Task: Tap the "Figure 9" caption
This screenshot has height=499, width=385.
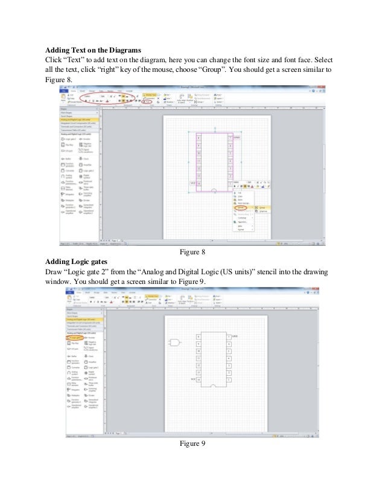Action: (x=192, y=444)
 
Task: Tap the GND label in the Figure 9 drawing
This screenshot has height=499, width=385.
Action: (x=235, y=336)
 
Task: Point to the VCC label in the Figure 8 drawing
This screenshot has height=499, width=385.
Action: (x=193, y=182)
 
